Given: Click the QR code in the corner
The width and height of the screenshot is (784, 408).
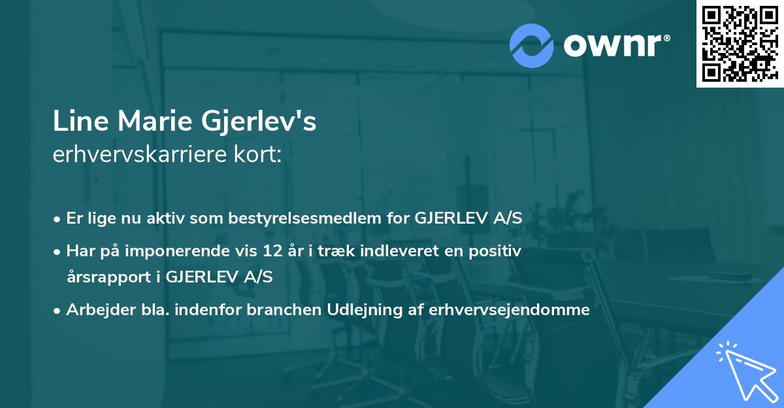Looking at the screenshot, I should (740, 43).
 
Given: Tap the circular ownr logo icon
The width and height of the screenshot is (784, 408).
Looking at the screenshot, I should (532, 46).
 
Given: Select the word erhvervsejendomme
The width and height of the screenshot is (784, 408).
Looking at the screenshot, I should (509, 310).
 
